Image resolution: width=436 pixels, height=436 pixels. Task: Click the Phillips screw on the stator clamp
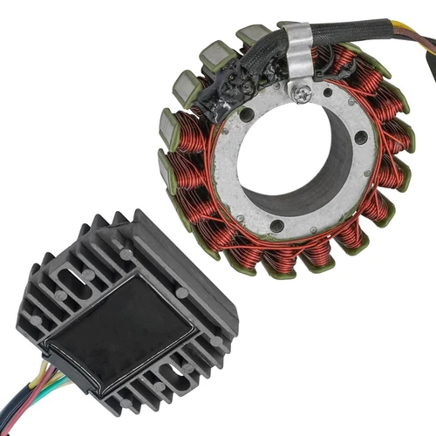[x=303, y=94]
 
